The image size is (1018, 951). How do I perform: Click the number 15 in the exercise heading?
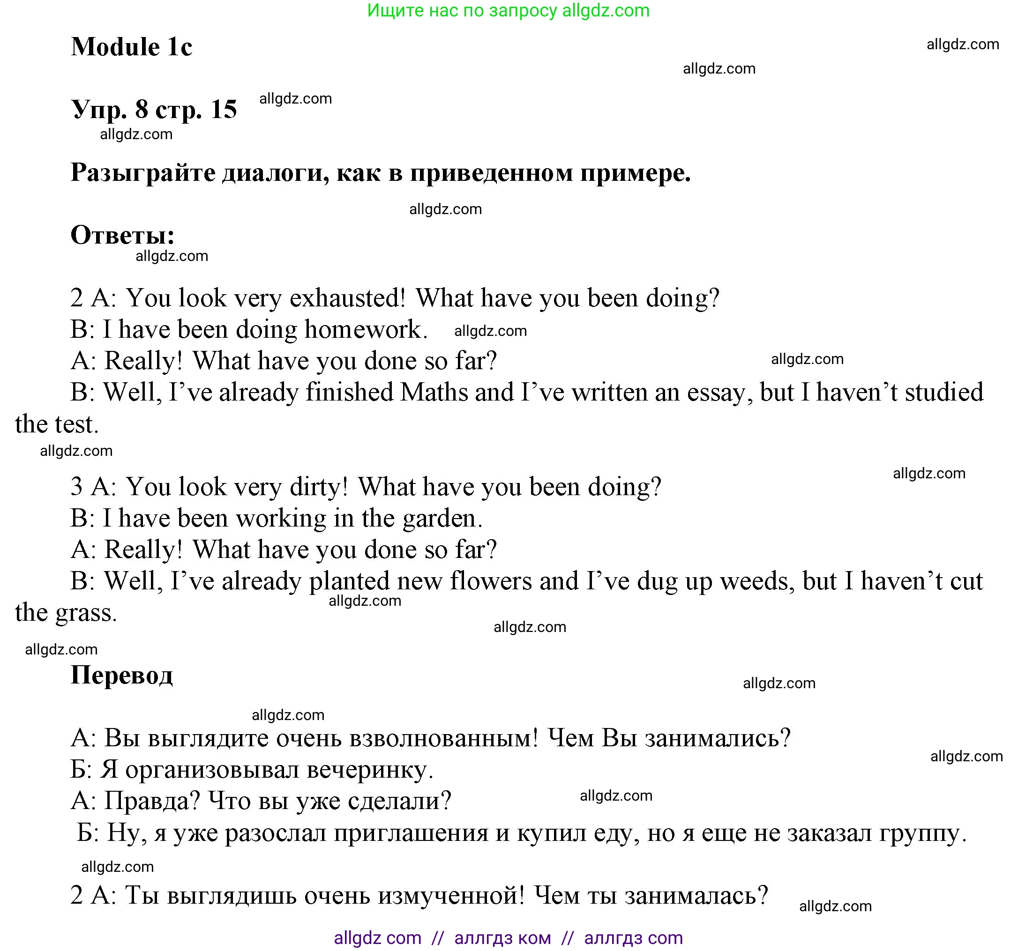tap(223, 109)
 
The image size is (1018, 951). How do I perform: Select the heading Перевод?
tap(121, 674)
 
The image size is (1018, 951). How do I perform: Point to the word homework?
tap(366, 329)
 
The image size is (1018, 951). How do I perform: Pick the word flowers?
tap(491, 581)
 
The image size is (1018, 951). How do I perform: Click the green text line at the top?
tap(508, 10)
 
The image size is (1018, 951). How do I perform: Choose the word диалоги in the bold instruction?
tap(276, 172)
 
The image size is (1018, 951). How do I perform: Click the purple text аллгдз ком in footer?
tap(502, 938)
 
